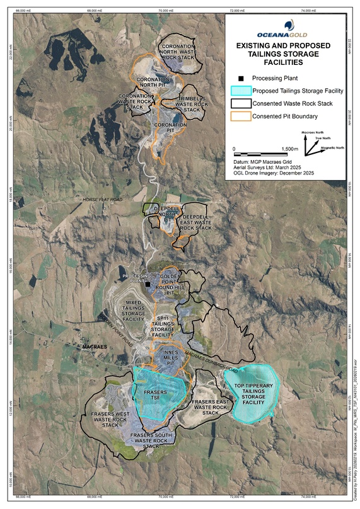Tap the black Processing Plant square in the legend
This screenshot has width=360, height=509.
[240, 79]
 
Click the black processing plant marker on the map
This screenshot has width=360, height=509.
[148, 284]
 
